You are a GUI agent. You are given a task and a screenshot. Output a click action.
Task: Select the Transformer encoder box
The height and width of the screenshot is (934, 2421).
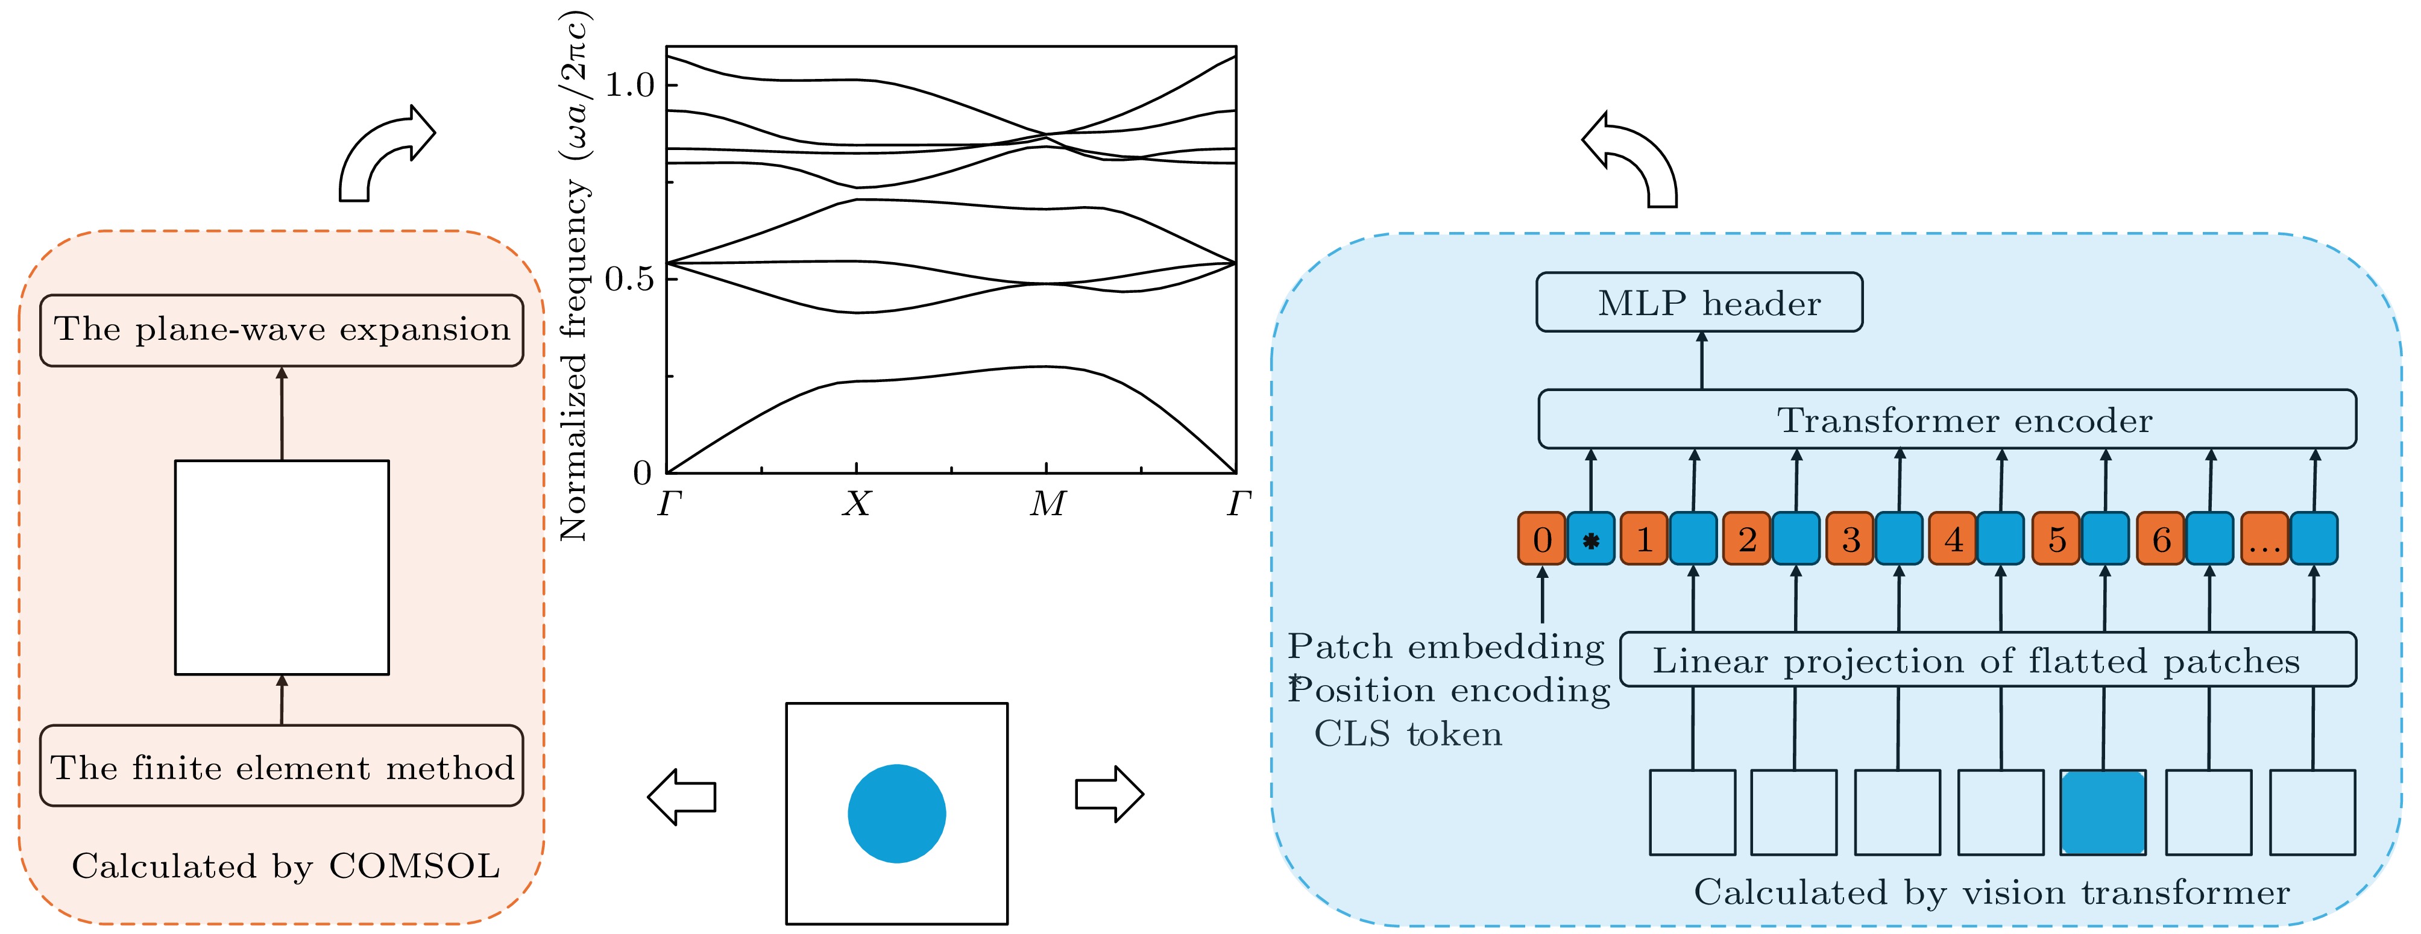point(1947,419)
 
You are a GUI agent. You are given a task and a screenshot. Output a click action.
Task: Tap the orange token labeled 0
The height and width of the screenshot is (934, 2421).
point(1541,539)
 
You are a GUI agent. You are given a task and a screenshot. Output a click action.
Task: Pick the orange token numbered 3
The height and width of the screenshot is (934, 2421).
point(1850,539)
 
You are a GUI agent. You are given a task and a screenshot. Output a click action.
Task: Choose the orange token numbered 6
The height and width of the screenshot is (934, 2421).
point(2160,539)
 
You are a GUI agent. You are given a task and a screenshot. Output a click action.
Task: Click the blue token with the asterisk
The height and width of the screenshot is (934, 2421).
point(1590,539)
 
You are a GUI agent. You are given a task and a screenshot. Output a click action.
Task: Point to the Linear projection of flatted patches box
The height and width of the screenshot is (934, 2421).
point(1988,660)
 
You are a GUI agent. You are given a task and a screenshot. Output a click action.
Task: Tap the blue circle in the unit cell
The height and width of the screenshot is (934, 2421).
point(896,813)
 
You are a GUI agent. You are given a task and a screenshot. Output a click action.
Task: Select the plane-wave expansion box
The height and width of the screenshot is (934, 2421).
point(281,330)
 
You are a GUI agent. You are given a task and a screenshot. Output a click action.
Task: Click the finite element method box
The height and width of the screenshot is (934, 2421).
point(281,766)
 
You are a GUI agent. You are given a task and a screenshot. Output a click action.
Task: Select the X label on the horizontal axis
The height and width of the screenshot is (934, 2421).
point(856,504)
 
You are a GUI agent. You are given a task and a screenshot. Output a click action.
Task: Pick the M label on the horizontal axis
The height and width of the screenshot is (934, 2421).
point(1047,504)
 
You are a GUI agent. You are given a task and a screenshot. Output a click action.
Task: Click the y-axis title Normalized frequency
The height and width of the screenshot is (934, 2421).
point(575,277)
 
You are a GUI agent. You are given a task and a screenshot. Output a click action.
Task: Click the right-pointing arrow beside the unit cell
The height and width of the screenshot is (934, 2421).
point(1109,794)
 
